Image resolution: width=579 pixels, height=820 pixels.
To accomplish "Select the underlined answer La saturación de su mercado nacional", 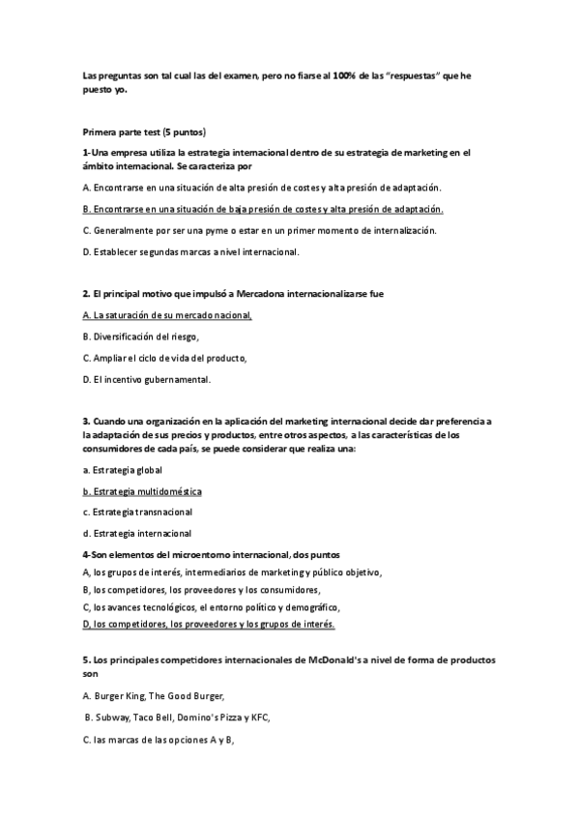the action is coord(167,315).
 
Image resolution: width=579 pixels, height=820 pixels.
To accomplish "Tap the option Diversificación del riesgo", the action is coord(141,337).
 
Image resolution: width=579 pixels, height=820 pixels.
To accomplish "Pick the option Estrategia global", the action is coord(123,470).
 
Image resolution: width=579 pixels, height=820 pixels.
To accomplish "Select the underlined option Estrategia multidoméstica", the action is coord(142,491).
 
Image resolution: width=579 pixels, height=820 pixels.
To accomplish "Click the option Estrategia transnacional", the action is coord(137,512).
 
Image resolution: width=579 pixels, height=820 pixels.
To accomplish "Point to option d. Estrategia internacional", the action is coord(137,533).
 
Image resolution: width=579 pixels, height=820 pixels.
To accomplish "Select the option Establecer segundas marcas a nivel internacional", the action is coord(191,252).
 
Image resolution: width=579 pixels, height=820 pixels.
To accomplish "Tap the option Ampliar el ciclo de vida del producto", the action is coord(164,358).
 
